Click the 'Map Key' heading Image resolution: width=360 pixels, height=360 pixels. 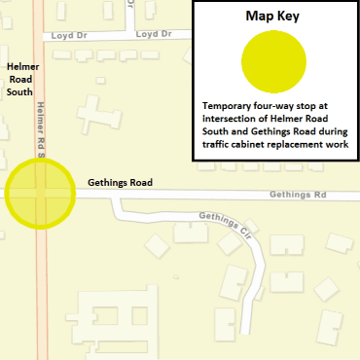click(x=273, y=17)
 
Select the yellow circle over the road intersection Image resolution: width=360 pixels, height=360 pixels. click(x=39, y=192)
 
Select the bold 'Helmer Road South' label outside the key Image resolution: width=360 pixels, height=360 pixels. click(x=21, y=79)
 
